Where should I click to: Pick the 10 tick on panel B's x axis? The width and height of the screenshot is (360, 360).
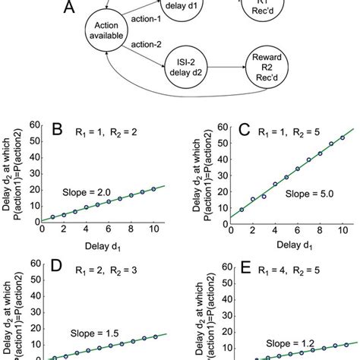153,230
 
